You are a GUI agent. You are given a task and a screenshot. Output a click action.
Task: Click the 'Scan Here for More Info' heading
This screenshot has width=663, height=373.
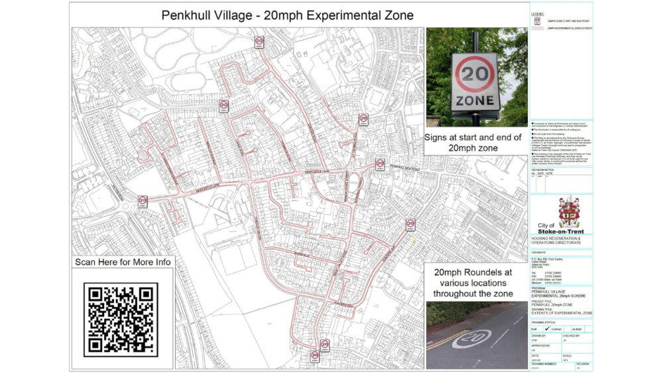coord(123,262)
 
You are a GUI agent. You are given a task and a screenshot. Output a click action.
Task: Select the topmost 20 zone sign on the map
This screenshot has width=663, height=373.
coord(259,42)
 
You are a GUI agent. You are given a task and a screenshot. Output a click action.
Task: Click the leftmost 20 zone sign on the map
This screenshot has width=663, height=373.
coord(143,201)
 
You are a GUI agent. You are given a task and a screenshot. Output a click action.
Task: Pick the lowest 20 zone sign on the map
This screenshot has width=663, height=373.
coord(315,356)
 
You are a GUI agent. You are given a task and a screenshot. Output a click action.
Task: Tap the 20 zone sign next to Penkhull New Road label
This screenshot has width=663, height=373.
coord(380,164)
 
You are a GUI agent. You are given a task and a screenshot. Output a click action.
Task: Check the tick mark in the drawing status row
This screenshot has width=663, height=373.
coord(546,328)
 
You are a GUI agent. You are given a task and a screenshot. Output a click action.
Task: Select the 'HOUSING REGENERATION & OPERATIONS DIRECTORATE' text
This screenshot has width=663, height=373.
coord(561,240)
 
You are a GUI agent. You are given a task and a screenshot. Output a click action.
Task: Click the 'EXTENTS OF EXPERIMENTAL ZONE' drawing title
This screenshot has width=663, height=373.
coord(562,312)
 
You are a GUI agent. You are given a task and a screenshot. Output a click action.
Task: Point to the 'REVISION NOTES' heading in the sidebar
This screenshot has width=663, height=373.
coord(542,170)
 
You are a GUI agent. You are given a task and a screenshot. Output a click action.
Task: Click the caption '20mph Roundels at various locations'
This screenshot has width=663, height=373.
coord(472,282)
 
